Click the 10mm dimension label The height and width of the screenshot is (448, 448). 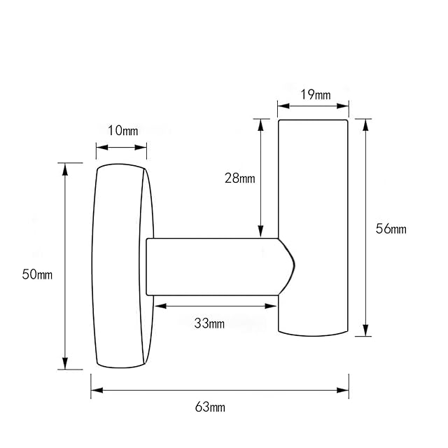pyautogui.click(x=123, y=131)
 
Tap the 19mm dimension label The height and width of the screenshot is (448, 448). pyautogui.click(x=316, y=94)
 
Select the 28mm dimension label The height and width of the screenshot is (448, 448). pyautogui.click(x=239, y=178)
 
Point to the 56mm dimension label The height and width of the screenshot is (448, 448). pyautogui.click(x=391, y=229)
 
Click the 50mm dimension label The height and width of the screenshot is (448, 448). pyautogui.click(x=37, y=274)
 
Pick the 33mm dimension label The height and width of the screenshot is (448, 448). pyautogui.click(x=209, y=323)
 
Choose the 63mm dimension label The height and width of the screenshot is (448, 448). pyautogui.click(x=210, y=407)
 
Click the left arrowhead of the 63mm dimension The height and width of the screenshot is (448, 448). pyautogui.click(x=97, y=390)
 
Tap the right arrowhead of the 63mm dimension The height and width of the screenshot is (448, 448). pyautogui.click(x=342, y=390)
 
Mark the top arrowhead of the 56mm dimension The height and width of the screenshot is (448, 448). pyautogui.click(x=365, y=125)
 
